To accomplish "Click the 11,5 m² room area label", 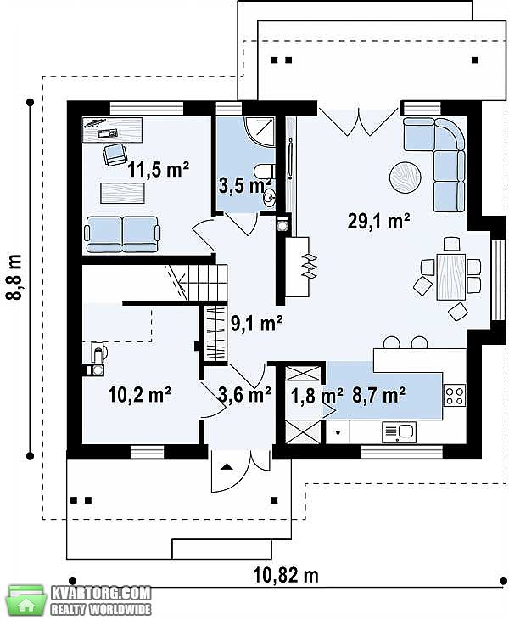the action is tap(158, 170).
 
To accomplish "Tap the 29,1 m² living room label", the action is tap(378, 221).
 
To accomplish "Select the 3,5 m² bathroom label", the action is tap(245, 185).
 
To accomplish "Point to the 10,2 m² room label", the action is tap(139, 395).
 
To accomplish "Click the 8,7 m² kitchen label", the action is tap(378, 395).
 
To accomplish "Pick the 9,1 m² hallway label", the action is tap(256, 324).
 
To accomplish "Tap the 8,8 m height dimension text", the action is tap(15, 277).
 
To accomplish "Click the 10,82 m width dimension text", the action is tap(286, 575).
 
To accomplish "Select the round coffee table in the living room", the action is tap(406, 178).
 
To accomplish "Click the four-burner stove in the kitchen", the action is tap(455, 395).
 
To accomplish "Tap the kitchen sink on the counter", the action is tap(399, 431).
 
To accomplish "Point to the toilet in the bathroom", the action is tap(264, 172).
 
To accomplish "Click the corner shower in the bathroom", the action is tap(260, 132).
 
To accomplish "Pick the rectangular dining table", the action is tap(450, 277).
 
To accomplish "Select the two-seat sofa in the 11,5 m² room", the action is tap(122, 234).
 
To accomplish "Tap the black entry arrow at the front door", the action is tap(226, 466).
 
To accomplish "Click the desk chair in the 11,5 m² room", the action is tap(115, 155).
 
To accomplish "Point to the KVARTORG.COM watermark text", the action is tap(101, 593).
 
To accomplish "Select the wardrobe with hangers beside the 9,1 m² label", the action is tap(215, 333).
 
